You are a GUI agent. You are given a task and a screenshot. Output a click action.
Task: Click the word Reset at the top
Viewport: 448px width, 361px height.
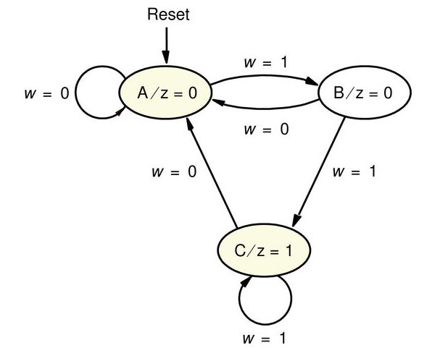tap(167, 14)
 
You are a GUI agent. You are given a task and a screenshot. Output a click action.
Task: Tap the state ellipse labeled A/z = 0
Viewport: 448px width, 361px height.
tap(166, 93)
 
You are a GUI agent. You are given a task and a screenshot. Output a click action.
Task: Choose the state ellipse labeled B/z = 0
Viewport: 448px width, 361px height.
tap(365, 93)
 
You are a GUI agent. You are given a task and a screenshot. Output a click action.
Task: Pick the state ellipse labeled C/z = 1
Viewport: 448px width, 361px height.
tap(265, 251)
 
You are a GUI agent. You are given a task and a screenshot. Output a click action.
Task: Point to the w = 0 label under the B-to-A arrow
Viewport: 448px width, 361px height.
tap(265, 130)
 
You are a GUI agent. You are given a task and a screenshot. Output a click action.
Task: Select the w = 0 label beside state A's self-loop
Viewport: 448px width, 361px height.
tap(47, 94)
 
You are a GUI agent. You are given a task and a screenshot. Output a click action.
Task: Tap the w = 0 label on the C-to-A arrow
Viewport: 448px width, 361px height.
tap(174, 173)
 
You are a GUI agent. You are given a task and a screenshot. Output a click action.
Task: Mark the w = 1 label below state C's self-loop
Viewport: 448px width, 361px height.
tap(265, 338)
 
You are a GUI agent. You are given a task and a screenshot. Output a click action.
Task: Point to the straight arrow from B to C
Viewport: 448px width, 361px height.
tap(319, 174)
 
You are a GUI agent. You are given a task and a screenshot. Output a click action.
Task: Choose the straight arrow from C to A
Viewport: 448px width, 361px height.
tap(210, 174)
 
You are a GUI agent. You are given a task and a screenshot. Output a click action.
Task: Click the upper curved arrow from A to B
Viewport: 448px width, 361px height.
tap(265, 77)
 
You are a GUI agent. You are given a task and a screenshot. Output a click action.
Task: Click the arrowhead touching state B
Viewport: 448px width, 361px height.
tap(316, 85)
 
